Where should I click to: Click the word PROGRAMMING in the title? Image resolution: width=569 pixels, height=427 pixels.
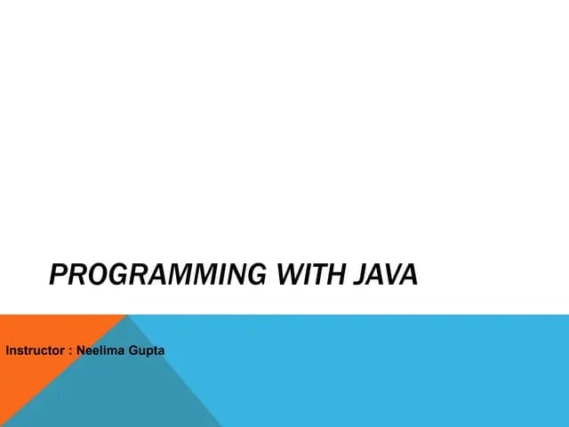[x=156, y=275]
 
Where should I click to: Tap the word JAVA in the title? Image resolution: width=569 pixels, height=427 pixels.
[x=385, y=275]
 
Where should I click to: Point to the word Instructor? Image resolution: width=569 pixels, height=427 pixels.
[x=34, y=350]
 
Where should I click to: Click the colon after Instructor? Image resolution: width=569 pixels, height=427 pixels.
[x=69, y=351]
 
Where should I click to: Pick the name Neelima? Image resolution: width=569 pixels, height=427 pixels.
[x=102, y=350]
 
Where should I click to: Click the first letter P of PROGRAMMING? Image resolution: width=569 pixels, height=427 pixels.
[x=58, y=275]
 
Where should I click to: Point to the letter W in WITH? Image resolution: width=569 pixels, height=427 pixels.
[x=290, y=275]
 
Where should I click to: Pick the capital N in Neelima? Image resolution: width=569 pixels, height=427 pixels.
[x=82, y=350]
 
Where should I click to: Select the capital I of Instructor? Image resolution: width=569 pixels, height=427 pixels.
[x=8, y=350]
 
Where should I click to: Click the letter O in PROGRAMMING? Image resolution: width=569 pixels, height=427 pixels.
[x=94, y=275]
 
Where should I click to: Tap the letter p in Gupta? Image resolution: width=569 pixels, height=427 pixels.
[x=151, y=351]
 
